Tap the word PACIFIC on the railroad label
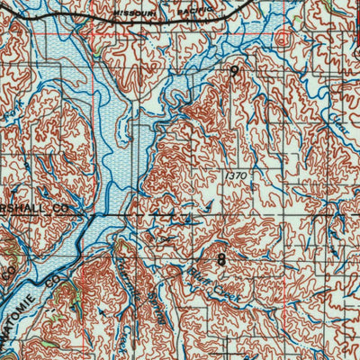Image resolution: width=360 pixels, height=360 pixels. point(200,10)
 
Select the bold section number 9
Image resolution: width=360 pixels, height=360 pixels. point(235,70)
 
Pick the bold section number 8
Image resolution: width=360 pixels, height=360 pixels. point(221,259)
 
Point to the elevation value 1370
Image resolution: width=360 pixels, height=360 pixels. point(237,174)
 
